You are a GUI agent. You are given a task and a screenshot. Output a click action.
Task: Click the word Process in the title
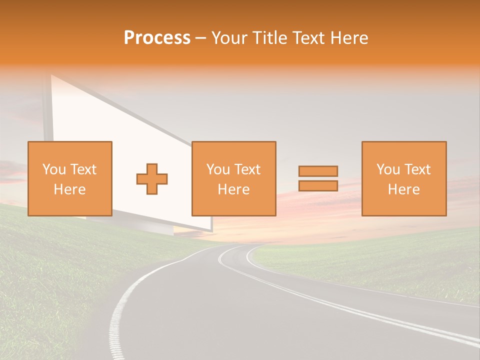[x=157, y=38]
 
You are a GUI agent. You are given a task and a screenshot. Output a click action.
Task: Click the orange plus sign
[x=152, y=178]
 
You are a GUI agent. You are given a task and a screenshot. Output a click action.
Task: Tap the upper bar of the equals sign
[x=318, y=171]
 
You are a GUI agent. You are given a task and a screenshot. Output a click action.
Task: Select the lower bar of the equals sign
[x=318, y=185]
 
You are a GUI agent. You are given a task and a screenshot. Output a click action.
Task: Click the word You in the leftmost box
[x=53, y=169]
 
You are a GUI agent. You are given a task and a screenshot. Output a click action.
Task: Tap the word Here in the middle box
[x=233, y=189]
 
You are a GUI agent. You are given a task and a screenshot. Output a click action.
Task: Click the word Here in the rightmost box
[x=404, y=189]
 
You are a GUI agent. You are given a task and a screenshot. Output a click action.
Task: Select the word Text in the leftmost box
[x=83, y=169]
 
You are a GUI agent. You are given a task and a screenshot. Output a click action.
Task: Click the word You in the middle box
[x=217, y=169]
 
